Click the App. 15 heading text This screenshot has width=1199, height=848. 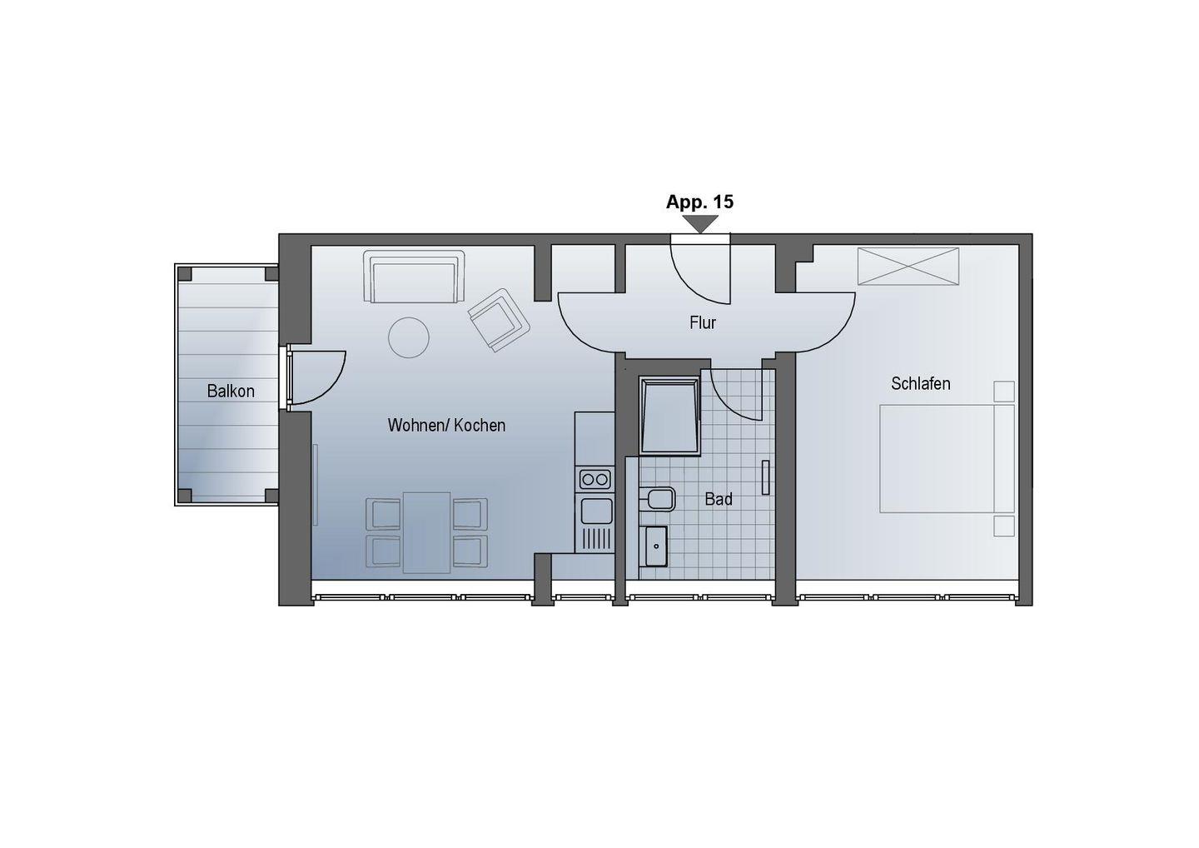(x=699, y=202)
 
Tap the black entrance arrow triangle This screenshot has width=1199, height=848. (x=700, y=223)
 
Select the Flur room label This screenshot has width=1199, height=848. (x=703, y=323)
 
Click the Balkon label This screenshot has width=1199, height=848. (x=231, y=392)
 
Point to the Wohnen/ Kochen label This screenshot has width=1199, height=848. (x=446, y=425)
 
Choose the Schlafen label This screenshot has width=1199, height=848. (x=921, y=383)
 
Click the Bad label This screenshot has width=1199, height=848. (x=719, y=500)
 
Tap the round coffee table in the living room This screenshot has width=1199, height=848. (x=408, y=337)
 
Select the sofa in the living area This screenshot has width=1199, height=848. (x=414, y=277)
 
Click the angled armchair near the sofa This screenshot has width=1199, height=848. (x=499, y=320)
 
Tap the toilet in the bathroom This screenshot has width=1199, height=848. (x=657, y=500)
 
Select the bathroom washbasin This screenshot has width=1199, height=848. (x=656, y=546)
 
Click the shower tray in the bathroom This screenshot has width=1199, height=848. (x=669, y=417)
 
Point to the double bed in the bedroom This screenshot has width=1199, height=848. (x=947, y=459)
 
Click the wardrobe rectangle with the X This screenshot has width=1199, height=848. (x=908, y=266)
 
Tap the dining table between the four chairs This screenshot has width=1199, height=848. (x=426, y=532)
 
